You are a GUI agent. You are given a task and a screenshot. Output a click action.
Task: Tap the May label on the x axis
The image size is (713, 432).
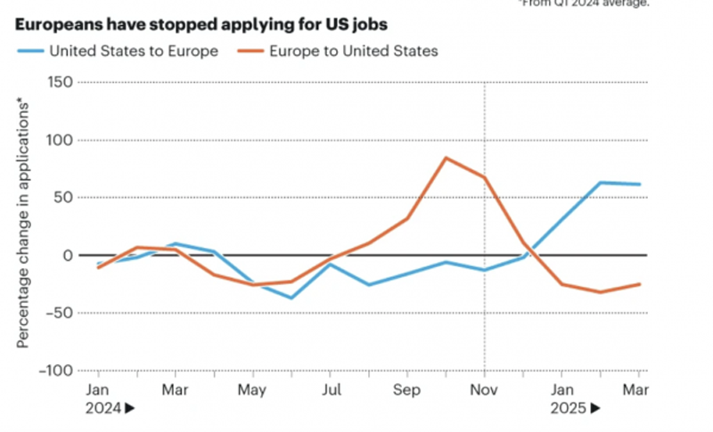coord(253,389)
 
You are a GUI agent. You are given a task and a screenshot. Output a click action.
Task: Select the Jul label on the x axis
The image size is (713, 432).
coord(331,389)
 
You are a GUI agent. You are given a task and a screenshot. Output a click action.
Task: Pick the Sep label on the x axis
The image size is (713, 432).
coord(407,389)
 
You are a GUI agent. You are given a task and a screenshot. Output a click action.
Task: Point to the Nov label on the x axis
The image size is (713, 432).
coord(484,389)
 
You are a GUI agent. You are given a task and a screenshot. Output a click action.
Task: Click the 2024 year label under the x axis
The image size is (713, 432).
coord(104,408)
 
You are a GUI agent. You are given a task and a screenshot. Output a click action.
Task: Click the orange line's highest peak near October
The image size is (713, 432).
coord(446,159)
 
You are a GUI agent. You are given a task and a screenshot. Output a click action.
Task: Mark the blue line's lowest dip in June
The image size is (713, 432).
coord(291,298)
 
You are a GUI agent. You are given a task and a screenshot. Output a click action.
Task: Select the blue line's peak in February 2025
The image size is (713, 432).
coord(601,183)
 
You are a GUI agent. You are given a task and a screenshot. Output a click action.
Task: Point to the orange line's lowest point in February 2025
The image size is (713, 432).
coord(601,292)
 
